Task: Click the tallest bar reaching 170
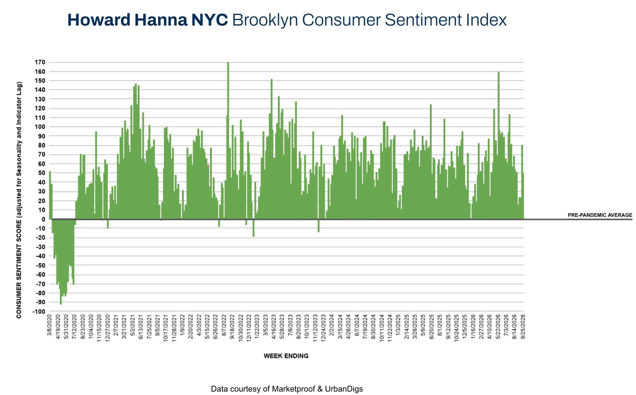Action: (228, 140)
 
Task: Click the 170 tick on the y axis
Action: (40, 62)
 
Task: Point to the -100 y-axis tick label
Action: (39, 312)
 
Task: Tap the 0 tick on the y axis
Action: (43, 219)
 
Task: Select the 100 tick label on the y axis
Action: (40, 127)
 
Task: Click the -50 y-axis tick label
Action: (40, 265)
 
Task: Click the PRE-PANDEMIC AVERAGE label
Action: (600, 215)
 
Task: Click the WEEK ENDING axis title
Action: (286, 356)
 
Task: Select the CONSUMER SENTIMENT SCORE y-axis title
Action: (19, 200)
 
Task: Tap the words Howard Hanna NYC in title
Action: (147, 20)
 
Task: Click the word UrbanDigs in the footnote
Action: (344, 389)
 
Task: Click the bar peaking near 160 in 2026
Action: (499, 145)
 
